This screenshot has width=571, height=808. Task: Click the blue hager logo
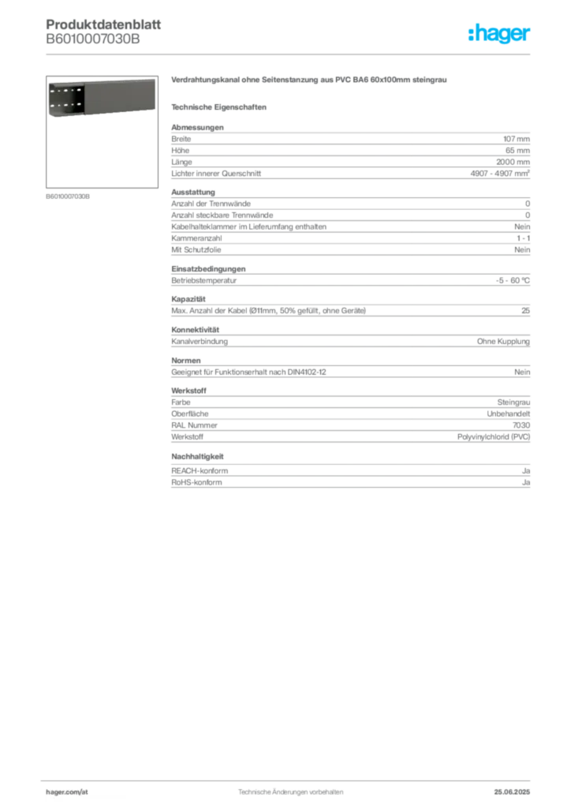500,33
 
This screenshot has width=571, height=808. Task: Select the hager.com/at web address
69,791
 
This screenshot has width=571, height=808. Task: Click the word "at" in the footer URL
84,791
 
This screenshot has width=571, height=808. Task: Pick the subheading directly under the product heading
221,107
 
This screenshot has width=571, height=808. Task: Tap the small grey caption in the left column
69,196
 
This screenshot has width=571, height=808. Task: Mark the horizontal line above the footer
290,779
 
